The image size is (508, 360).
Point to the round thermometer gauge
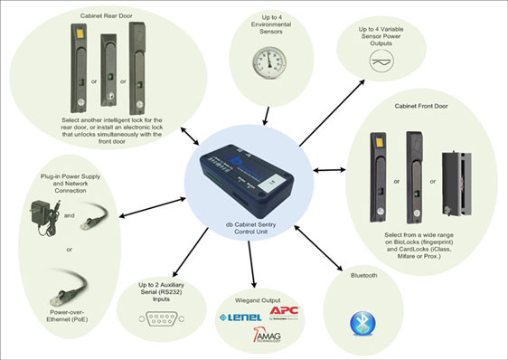click(268, 60)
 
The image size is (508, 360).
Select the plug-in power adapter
click(41, 214)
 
